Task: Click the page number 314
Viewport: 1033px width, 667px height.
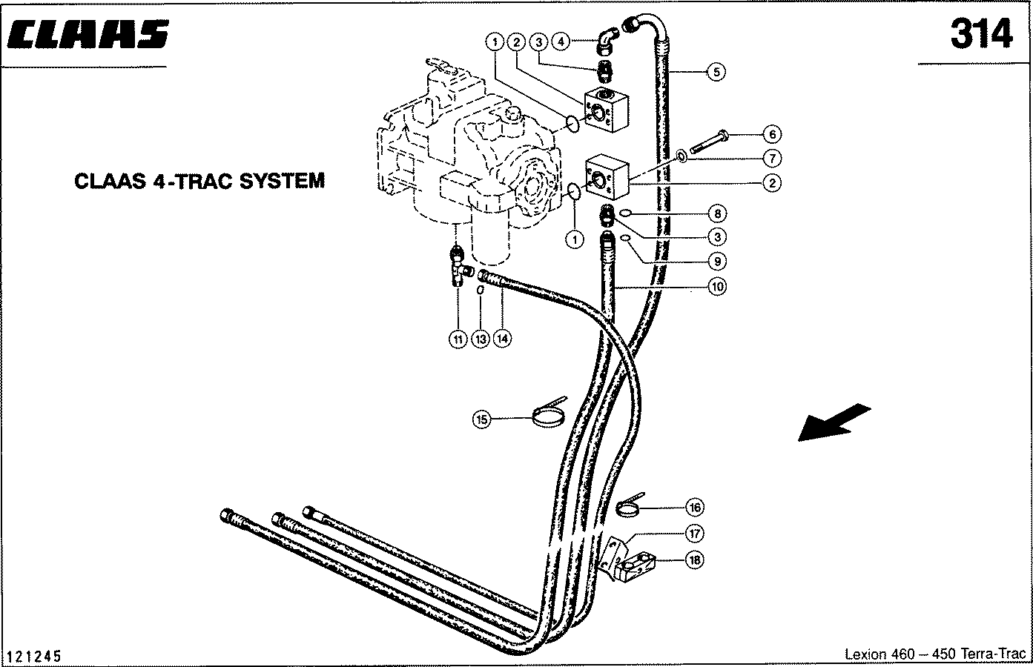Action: click(x=981, y=34)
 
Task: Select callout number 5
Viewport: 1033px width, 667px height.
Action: click(x=716, y=72)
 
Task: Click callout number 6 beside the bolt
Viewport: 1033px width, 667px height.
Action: click(x=772, y=134)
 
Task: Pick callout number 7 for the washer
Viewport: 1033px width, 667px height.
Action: click(x=772, y=158)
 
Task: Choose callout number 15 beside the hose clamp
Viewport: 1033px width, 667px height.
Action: click(x=482, y=419)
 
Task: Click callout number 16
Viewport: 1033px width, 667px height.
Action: click(x=694, y=508)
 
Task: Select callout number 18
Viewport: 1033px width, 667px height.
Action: click(x=694, y=560)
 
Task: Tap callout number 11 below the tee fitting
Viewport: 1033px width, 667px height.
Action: click(x=458, y=339)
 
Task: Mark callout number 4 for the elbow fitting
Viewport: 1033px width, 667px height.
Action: click(x=561, y=42)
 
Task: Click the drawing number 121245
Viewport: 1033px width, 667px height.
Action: click(x=33, y=657)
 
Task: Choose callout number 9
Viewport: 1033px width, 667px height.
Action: click(x=716, y=261)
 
